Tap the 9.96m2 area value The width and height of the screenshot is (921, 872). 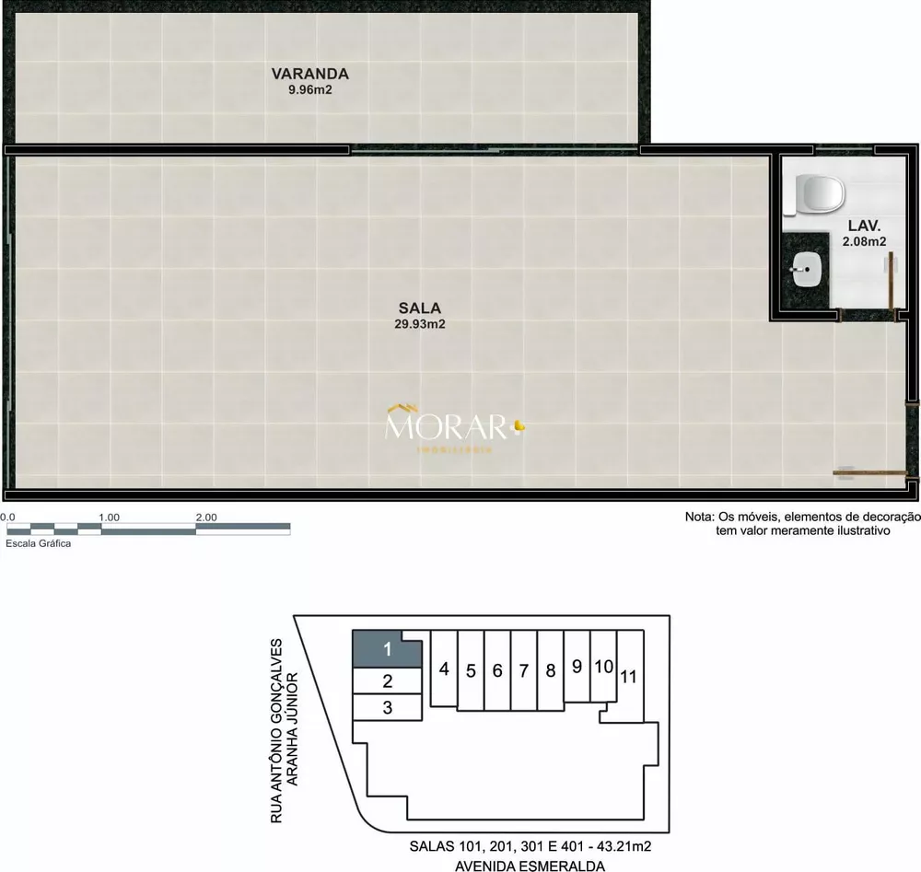pyautogui.click(x=309, y=90)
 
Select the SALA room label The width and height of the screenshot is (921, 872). pyautogui.click(x=419, y=308)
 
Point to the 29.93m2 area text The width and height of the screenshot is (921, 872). pyautogui.click(x=419, y=324)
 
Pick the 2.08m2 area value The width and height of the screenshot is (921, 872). pyautogui.click(x=865, y=242)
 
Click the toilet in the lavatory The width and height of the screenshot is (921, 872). pyautogui.click(x=820, y=194)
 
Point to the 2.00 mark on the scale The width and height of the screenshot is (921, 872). pyautogui.click(x=205, y=517)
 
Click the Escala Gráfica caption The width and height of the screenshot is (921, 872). pyautogui.click(x=39, y=543)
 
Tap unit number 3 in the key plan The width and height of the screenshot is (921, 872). pyautogui.click(x=388, y=708)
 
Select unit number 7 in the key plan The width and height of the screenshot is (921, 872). pyautogui.click(x=523, y=670)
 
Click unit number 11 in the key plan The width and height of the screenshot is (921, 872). pyautogui.click(x=629, y=677)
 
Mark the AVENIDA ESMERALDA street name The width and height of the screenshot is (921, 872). pyautogui.click(x=530, y=866)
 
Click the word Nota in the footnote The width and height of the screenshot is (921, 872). pyautogui.click(x=700, y=517)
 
